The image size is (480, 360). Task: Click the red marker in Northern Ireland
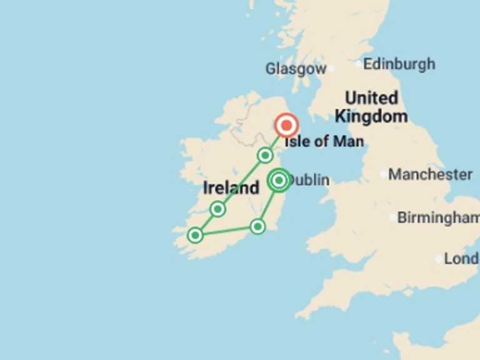coord(287,126)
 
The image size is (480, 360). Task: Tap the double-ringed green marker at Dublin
coord(279,181)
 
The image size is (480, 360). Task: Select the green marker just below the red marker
coord(266,155)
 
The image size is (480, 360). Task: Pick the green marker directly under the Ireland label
coord(217,209)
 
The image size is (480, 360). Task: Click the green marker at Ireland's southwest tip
coord(196,235)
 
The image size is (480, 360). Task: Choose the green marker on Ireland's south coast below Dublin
coord(257,226)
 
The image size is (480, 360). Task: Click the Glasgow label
coord(296,69)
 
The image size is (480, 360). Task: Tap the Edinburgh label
coord(399,64)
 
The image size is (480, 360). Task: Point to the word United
coord(371,98)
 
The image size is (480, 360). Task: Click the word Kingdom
coord(371,116)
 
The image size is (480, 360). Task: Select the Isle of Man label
coord(324,142)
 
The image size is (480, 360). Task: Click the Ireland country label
coord(231,187)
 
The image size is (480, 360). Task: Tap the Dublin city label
coord(310,181)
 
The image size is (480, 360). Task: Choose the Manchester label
coord(431,174)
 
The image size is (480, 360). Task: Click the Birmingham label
coord(438,218)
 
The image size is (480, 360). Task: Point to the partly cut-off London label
coord(461,259)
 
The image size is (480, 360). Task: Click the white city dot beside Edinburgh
coord(358,64)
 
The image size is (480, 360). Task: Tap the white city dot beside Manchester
coord(383,174)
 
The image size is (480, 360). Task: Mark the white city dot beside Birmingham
coord(392,218)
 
